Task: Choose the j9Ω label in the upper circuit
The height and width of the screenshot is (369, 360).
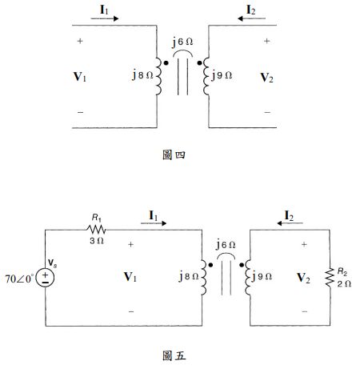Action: pyautogui.click(x=221, y=76)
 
